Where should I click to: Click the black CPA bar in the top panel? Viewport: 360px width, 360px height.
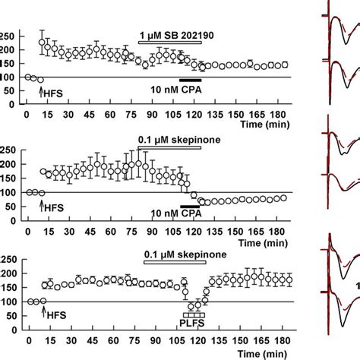point(190,80)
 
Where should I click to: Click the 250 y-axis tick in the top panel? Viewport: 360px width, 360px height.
point(10,36)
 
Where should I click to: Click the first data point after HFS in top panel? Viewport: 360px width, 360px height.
point(42,42)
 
